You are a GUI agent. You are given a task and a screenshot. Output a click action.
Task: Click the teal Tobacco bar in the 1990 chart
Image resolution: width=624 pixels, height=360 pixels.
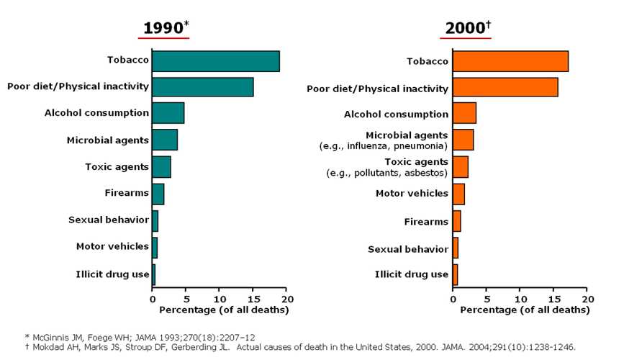click(215, 61)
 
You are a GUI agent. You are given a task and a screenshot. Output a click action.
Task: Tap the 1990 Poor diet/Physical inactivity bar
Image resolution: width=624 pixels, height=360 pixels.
click(202, 87)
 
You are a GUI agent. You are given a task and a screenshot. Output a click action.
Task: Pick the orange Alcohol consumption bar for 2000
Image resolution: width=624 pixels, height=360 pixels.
click(464, 114)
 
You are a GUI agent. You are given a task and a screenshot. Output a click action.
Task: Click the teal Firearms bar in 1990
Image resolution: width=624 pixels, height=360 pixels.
click(158, 193)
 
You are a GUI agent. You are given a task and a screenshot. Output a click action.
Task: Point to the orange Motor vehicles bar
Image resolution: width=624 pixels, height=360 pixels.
click(458, 194)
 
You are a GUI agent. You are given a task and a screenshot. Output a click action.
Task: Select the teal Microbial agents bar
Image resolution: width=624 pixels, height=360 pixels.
click(165, 140)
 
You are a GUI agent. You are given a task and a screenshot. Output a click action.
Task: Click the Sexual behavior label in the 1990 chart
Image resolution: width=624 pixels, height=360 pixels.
click(109, 220)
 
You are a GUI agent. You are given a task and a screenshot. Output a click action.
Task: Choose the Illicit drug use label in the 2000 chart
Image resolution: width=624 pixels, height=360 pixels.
click(412, 274)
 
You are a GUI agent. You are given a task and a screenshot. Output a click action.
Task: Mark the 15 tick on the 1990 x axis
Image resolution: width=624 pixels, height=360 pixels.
click(253, 299)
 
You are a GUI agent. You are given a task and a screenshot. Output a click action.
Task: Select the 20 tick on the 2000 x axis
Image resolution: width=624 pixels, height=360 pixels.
click(587, 299)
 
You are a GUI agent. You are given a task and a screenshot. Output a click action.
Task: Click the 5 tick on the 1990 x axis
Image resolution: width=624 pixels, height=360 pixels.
click(186, 299)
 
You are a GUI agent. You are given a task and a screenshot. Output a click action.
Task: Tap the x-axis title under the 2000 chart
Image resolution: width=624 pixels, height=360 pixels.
click(520, 310)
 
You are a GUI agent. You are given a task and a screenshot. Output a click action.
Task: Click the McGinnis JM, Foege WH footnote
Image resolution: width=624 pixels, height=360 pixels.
click(140, 336)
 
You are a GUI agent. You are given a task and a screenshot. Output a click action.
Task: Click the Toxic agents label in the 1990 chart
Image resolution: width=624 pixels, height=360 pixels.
click(117, 166)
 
